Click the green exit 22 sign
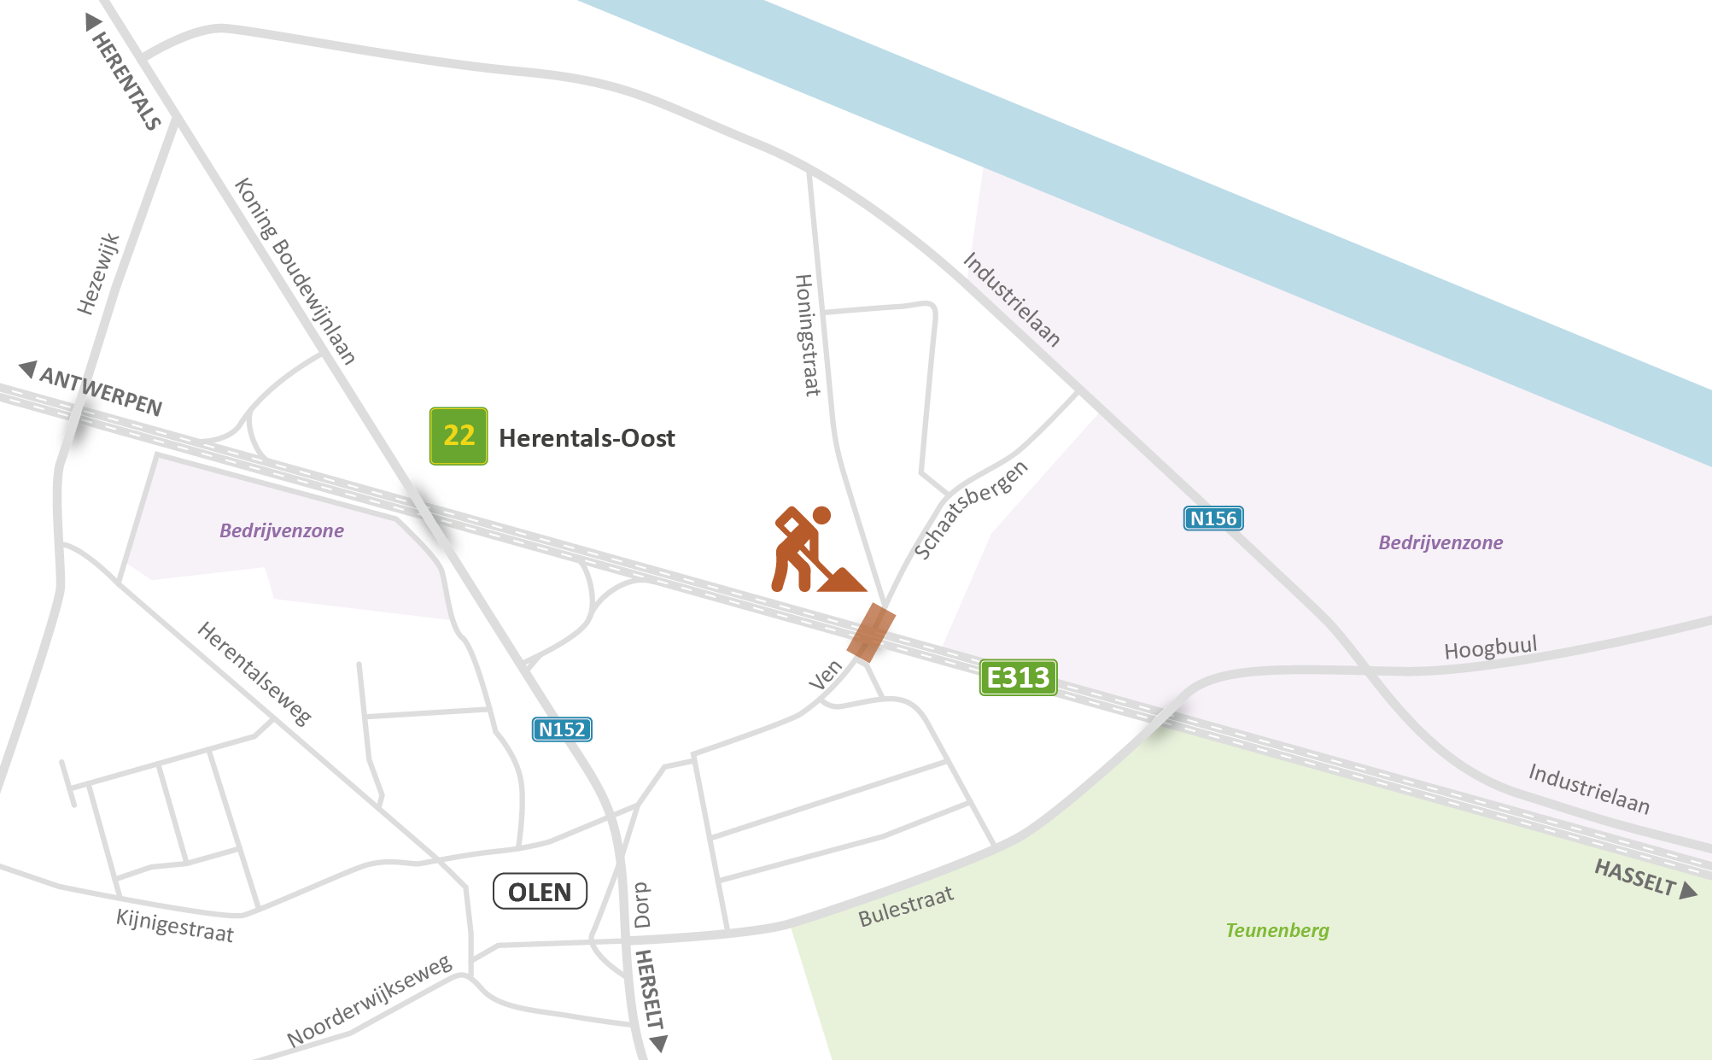(x=459, y=436)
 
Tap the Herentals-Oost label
(x=587, y=438)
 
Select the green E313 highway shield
(x=1018, y=677)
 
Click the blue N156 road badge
(x=1212, y=518)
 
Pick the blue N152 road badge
(x=562, y=729)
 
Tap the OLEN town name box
(x=540, y=892)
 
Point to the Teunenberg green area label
(x=1277, y=930)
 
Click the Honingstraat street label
(x=807, y=335)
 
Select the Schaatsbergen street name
(x=971, y=510)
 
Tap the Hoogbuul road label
(x=1490, y=647)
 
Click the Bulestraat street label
(x=905, y=907)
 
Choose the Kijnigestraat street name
(x=174, y=925)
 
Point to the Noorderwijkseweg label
(x=369, y=1001)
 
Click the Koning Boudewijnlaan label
(x=295, y=271)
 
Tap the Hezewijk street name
(x=98, y=274)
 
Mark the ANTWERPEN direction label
(x=101, y=391)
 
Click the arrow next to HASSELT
(x=1688, y=891)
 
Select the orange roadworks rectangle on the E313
(x=871, y=633)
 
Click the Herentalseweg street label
(x=254, y=674)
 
